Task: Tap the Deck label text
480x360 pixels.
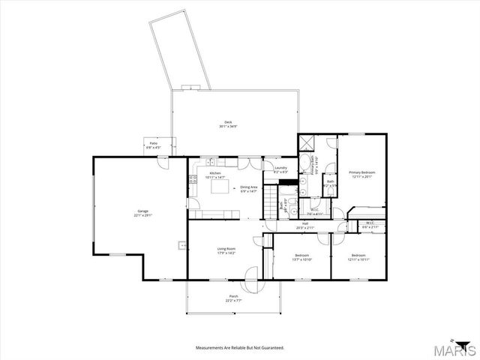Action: click(228, 124)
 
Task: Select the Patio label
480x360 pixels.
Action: click(154, 145)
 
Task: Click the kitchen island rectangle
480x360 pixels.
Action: click(221, 187)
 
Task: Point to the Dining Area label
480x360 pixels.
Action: click(248, 189)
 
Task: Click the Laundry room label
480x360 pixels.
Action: click(280, 169)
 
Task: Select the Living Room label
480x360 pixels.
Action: click(226, 250)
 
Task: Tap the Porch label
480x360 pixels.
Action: click(234, 298)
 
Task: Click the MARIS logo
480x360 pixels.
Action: click(456, 349)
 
